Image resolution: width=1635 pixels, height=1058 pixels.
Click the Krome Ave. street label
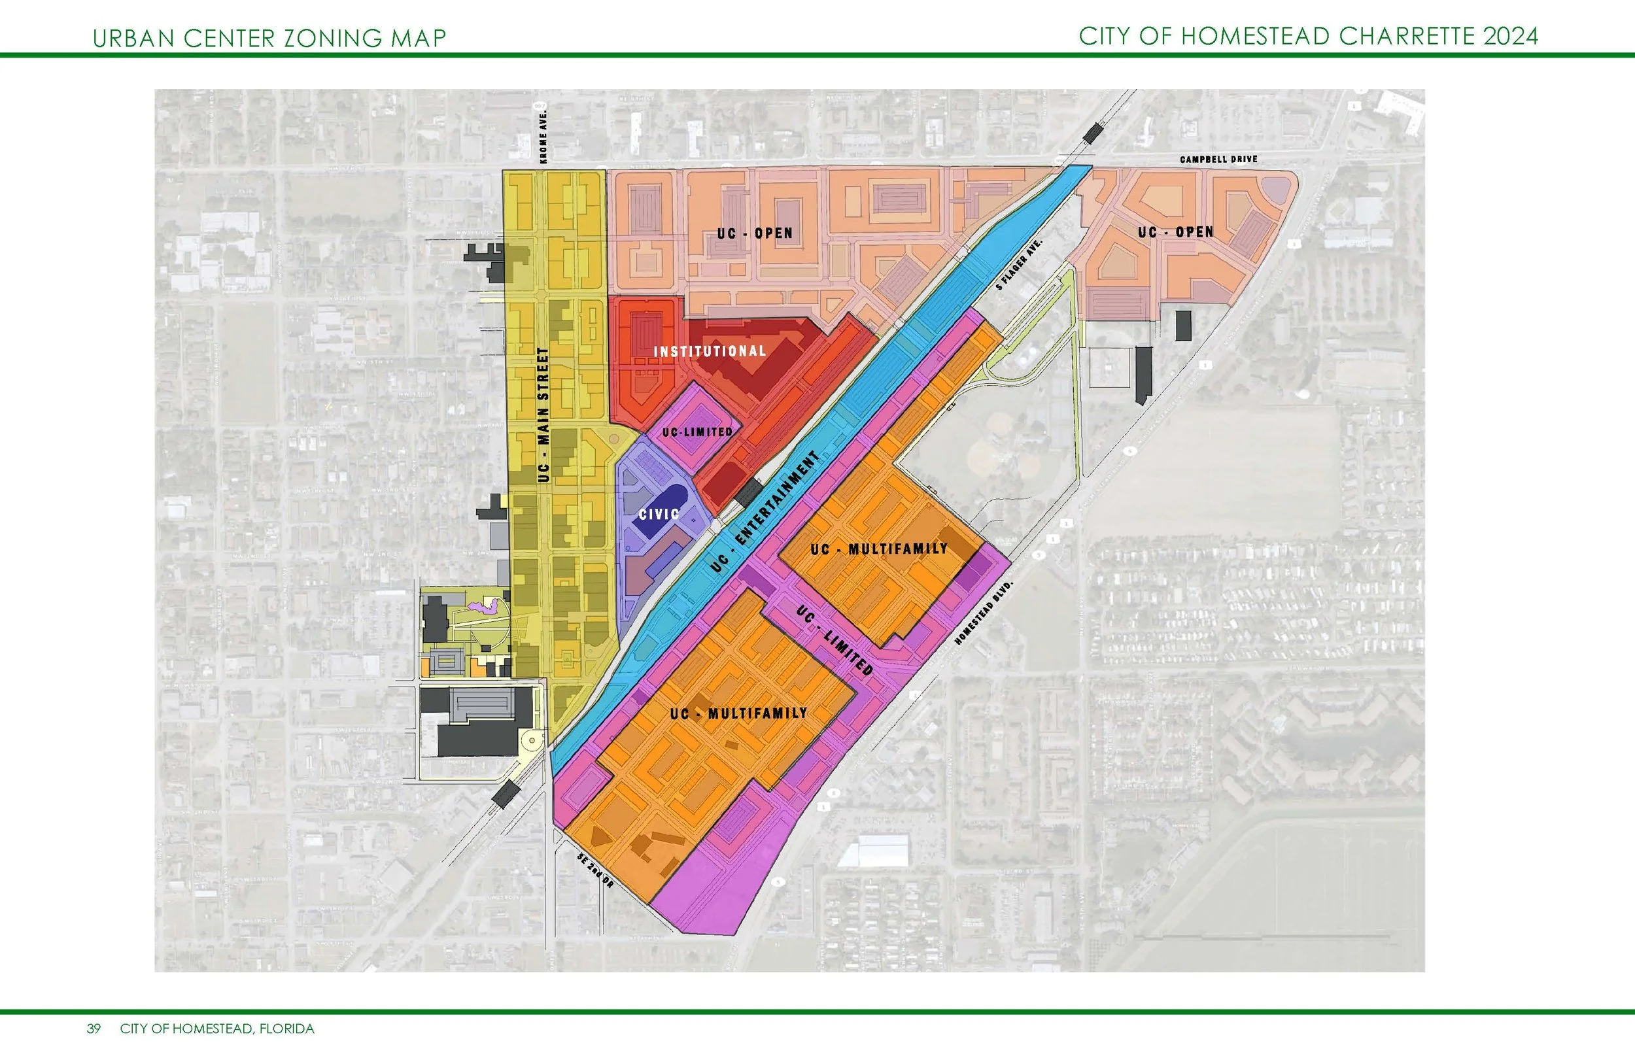[x=544, y=135]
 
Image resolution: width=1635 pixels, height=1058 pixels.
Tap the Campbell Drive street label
[x=1218, y=160]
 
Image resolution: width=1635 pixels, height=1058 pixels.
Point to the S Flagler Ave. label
[x=1021, y=264]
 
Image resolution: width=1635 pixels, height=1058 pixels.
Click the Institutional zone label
[x=710, y=351]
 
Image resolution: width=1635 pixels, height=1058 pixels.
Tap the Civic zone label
[x=659, y=514]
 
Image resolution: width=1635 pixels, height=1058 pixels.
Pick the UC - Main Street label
[x=543, y=415]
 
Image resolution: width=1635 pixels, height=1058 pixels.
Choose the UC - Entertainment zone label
[x=766, y=512]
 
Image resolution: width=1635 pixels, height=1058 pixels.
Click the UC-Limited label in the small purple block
[x=697, y=432]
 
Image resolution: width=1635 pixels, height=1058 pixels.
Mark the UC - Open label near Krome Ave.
[x=755, y=233]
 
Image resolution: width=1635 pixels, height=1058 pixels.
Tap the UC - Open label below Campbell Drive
[x=1175, y=232]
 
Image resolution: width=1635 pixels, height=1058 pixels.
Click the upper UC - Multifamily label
[x=878, y=549]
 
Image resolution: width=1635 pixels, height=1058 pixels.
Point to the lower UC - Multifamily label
[x=738, y=713]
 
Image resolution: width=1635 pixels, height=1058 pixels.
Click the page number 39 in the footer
[x=94, y=1029]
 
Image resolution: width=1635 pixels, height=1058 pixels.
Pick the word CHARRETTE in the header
[x=1407, y=37]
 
